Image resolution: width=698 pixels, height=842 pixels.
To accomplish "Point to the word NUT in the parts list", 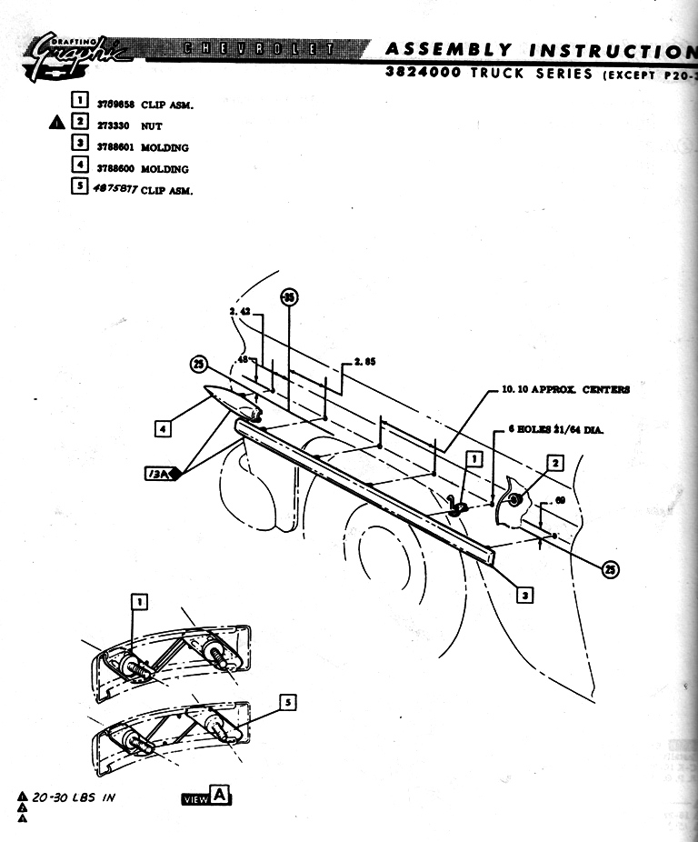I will (151, 126).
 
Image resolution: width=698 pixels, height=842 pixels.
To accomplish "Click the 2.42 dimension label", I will (240, 311).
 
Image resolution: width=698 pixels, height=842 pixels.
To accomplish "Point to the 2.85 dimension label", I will (364, 361).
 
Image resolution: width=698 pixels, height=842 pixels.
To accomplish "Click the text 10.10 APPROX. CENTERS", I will (564, 390).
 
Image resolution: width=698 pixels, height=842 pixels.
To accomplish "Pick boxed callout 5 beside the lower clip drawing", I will (287, 702).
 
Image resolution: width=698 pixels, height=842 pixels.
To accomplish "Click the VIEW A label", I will (206, 797).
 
